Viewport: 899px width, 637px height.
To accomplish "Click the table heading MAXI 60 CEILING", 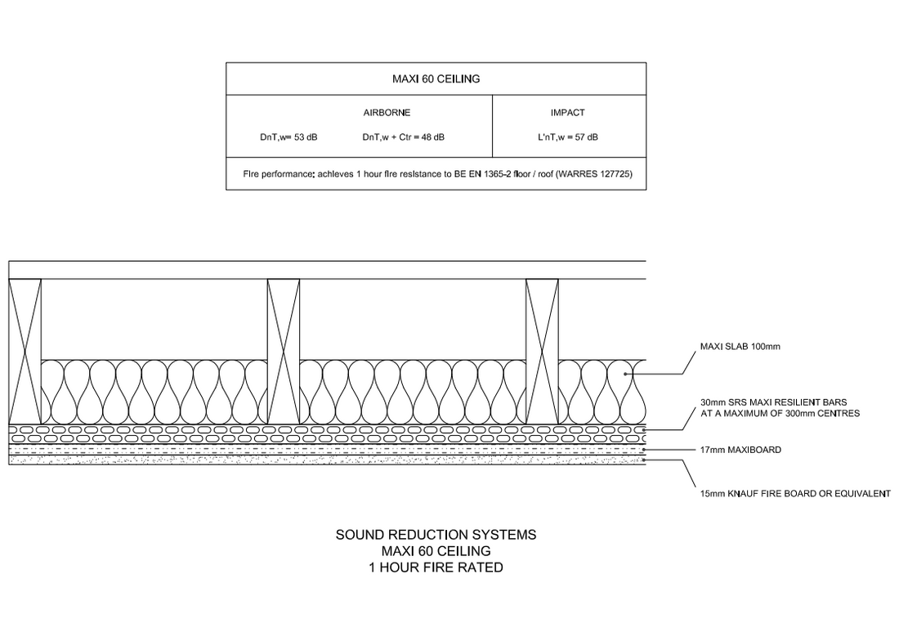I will (x=436, y=79).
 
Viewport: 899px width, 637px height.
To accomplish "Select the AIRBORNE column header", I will (x=387, y=113).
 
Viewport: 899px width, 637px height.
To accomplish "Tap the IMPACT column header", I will (x=567, y=113).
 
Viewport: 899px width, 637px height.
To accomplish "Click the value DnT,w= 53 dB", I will (x=288, y=137).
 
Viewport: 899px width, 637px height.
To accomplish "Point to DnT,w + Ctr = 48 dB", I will (x=404, y=137).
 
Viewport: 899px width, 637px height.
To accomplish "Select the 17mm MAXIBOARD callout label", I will (x=741, y=450).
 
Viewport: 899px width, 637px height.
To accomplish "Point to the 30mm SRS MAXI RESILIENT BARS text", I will (x=773, y=402).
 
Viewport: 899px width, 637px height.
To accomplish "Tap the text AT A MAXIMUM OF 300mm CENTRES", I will (x=780, y=414).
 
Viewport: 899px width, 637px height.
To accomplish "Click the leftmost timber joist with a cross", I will (x=25, y=352).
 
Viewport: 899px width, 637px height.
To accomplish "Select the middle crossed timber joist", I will (x=284, y=352).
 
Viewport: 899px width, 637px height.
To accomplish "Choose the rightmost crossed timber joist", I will (x=542, y=352).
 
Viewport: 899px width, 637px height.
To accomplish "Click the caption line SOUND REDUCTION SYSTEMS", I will (x=436, y=535).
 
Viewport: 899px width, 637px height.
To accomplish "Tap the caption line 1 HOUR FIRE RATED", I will (x=436, y=566).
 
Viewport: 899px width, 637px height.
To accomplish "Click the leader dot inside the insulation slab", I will (x=627, y=374).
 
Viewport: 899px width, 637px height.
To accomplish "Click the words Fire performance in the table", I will (x=277, y=174).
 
